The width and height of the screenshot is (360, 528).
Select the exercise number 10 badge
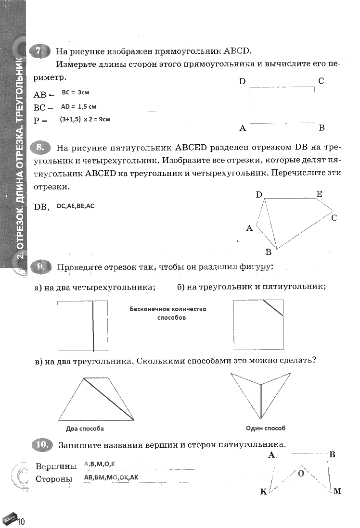click(x=42, y=445)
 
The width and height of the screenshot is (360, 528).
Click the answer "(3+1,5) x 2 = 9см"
click(x=85, y=119)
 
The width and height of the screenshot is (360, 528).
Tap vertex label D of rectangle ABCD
click(x=243, y=81)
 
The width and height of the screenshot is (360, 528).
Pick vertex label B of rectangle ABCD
click(x=321, y=128)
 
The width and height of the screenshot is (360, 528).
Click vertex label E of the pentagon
click(x=319, y=194)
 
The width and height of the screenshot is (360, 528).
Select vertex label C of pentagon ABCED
click(x=334, y=218)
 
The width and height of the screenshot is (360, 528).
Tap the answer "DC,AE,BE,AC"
click(x=76, y=206)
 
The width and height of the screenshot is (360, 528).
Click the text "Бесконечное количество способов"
click(x=168, y=313)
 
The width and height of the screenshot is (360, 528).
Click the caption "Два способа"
click(x=85, y=428)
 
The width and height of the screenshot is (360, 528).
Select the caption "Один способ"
click(x=266, y=428)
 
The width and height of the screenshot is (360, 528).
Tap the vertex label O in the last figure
click(x=301, y=473)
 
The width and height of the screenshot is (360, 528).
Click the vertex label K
click(x=263, y=491)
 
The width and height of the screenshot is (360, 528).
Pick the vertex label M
click(x=337, y=491)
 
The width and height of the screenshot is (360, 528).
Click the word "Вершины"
click(x=56, y=466)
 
